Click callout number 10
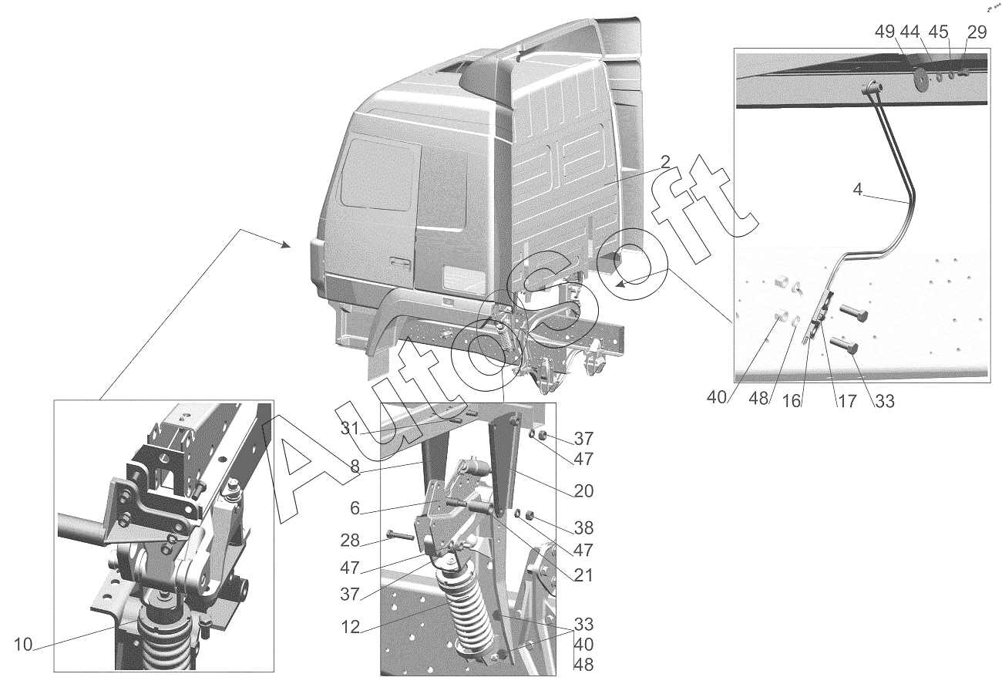pos(23,645)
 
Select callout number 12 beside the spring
pos(350,628)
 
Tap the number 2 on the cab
pos(665,162)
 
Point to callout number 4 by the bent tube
pos(857,190)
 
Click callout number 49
pos(885,32)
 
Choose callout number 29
pos(977,32)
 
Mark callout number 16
pos(791,401)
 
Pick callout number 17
pos(847,401)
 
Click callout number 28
pos(350,541)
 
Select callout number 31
pos(350,429)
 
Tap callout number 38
pos(583,527)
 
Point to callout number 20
pos(583,491)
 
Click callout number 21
pos(583,575)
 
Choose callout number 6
pos(355,508)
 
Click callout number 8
pos(355,467)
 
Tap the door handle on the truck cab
pos(400,263)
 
